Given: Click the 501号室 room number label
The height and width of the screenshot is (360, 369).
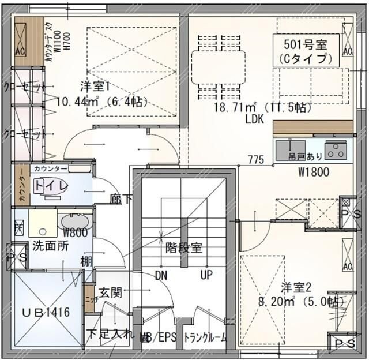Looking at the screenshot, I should point(305,44).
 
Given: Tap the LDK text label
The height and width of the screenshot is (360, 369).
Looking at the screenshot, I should point(254,119).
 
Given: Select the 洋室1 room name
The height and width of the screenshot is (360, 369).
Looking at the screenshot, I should point(95,87).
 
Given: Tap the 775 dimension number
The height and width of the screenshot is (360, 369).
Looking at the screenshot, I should point(257,159).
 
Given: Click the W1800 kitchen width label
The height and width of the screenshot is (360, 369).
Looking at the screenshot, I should point(314,171).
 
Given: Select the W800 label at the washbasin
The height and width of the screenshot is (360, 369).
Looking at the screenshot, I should point(75,233).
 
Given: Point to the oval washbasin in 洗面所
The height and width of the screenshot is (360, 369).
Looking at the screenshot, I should point(73,222).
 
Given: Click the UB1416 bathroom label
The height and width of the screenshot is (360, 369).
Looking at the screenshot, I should point(46,312).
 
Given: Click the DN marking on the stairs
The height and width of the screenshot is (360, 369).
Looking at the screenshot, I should point(161,275).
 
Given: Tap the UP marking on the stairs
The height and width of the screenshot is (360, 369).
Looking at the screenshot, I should point(206,275).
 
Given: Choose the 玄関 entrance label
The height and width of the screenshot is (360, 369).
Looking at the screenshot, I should point(110,292).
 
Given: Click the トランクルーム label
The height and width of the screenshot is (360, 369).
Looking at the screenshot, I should point(205,338).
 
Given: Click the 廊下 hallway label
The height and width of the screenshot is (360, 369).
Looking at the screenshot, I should point(121,198).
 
